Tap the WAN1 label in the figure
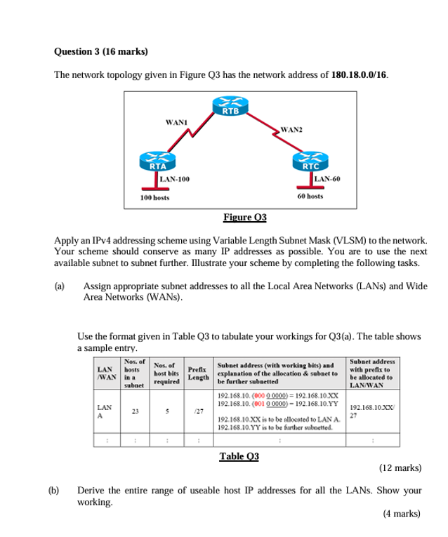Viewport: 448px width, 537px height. point(175,122)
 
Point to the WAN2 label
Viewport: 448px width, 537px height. point(291,130)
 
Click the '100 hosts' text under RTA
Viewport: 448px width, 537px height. point(154,198)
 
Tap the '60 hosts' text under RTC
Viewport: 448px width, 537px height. point(310,197)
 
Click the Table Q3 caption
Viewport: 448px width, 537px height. point(239,456)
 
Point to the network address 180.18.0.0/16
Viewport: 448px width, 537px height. point(358,74)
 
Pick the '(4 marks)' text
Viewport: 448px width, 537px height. point(402,513)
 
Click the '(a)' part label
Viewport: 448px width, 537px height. point(60,286)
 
